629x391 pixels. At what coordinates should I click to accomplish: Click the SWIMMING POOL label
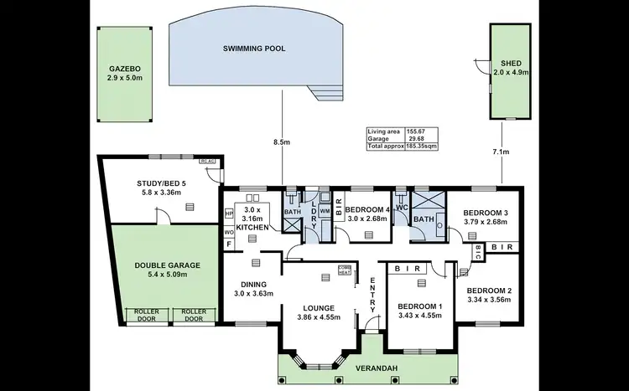point(254,49)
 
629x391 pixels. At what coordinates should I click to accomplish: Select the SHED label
point(511,63)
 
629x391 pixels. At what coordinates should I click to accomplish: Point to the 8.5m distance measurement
point(283,143)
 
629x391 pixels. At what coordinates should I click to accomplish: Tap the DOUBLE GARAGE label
point(167,265)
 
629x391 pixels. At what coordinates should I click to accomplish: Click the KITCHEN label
point(252,227)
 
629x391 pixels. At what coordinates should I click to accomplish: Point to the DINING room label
point(253,284)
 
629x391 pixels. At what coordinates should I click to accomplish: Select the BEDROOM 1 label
point(418,306)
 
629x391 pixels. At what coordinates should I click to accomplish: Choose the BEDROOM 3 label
point(487,214)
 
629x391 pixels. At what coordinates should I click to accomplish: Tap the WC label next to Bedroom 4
point(400,206)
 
